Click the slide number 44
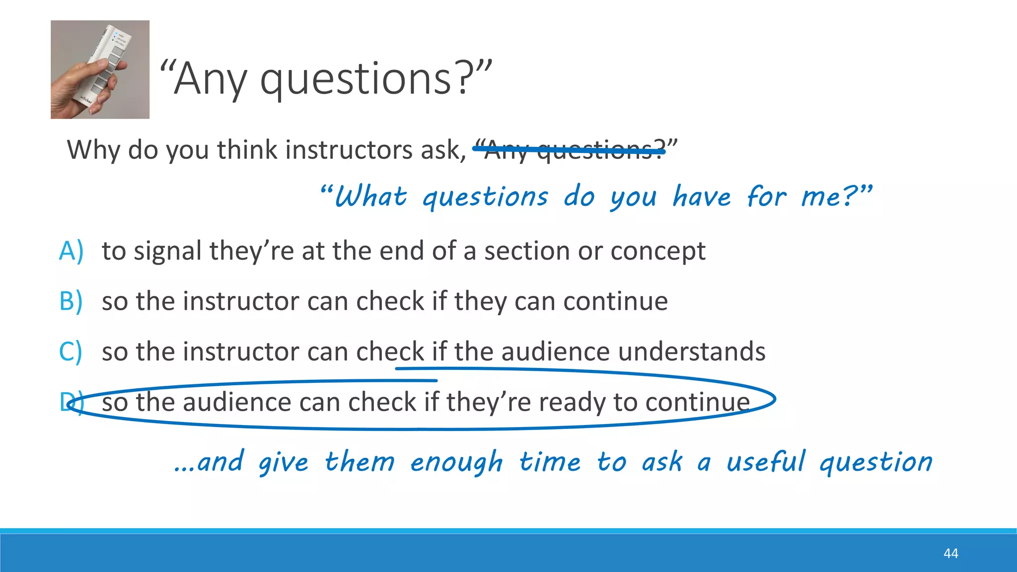950,553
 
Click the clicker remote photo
100,70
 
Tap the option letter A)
71,251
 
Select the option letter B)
71,301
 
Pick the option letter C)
71,352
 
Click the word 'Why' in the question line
93,149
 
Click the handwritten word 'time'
550,462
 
